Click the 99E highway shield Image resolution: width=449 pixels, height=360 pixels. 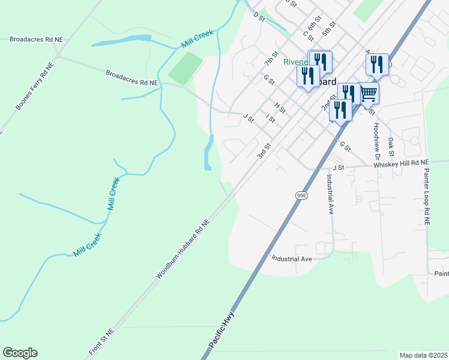point(301,195)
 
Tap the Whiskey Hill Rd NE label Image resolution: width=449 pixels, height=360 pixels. point(402,163)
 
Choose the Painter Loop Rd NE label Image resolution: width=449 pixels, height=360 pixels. point(427,197)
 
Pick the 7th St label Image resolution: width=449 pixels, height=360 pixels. point(271,58)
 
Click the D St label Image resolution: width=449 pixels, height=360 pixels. point(259,17)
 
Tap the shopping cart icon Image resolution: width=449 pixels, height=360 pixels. point(368,93)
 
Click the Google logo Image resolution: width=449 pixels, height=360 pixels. point(20,353)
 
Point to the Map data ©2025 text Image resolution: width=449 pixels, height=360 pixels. point(423,355)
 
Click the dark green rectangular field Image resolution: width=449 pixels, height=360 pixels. point(185,68)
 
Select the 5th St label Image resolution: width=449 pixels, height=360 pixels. point(328,28)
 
